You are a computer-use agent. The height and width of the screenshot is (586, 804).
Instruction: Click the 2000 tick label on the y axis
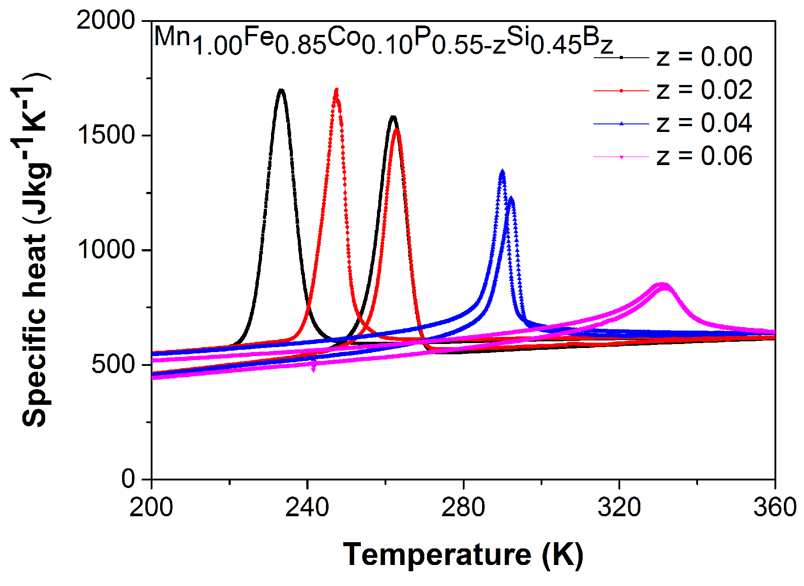[106, 21]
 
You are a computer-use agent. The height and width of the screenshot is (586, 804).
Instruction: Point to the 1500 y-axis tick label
[106, 135]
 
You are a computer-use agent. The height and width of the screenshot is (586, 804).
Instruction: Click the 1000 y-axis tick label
[106, 250]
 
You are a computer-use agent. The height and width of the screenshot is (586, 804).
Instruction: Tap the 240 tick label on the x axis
[307, 508]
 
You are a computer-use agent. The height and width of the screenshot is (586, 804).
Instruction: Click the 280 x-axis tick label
[463, 508]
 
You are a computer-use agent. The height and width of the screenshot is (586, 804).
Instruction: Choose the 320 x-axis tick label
[619, 508]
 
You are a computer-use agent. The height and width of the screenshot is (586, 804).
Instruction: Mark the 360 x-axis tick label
[774, 508]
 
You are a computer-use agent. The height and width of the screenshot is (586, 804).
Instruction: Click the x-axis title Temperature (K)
[463, 555]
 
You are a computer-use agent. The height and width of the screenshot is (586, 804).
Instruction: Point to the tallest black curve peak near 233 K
[281, 90]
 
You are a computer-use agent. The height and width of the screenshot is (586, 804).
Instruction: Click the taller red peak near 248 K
[336, 90]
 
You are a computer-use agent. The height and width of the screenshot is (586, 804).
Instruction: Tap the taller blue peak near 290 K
[502, 172]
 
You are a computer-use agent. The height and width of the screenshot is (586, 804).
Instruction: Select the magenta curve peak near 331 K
[663, 285]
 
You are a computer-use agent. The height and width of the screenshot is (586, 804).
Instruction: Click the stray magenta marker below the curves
[313, 368]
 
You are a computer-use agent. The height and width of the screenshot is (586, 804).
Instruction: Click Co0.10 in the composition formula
[369, 41]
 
